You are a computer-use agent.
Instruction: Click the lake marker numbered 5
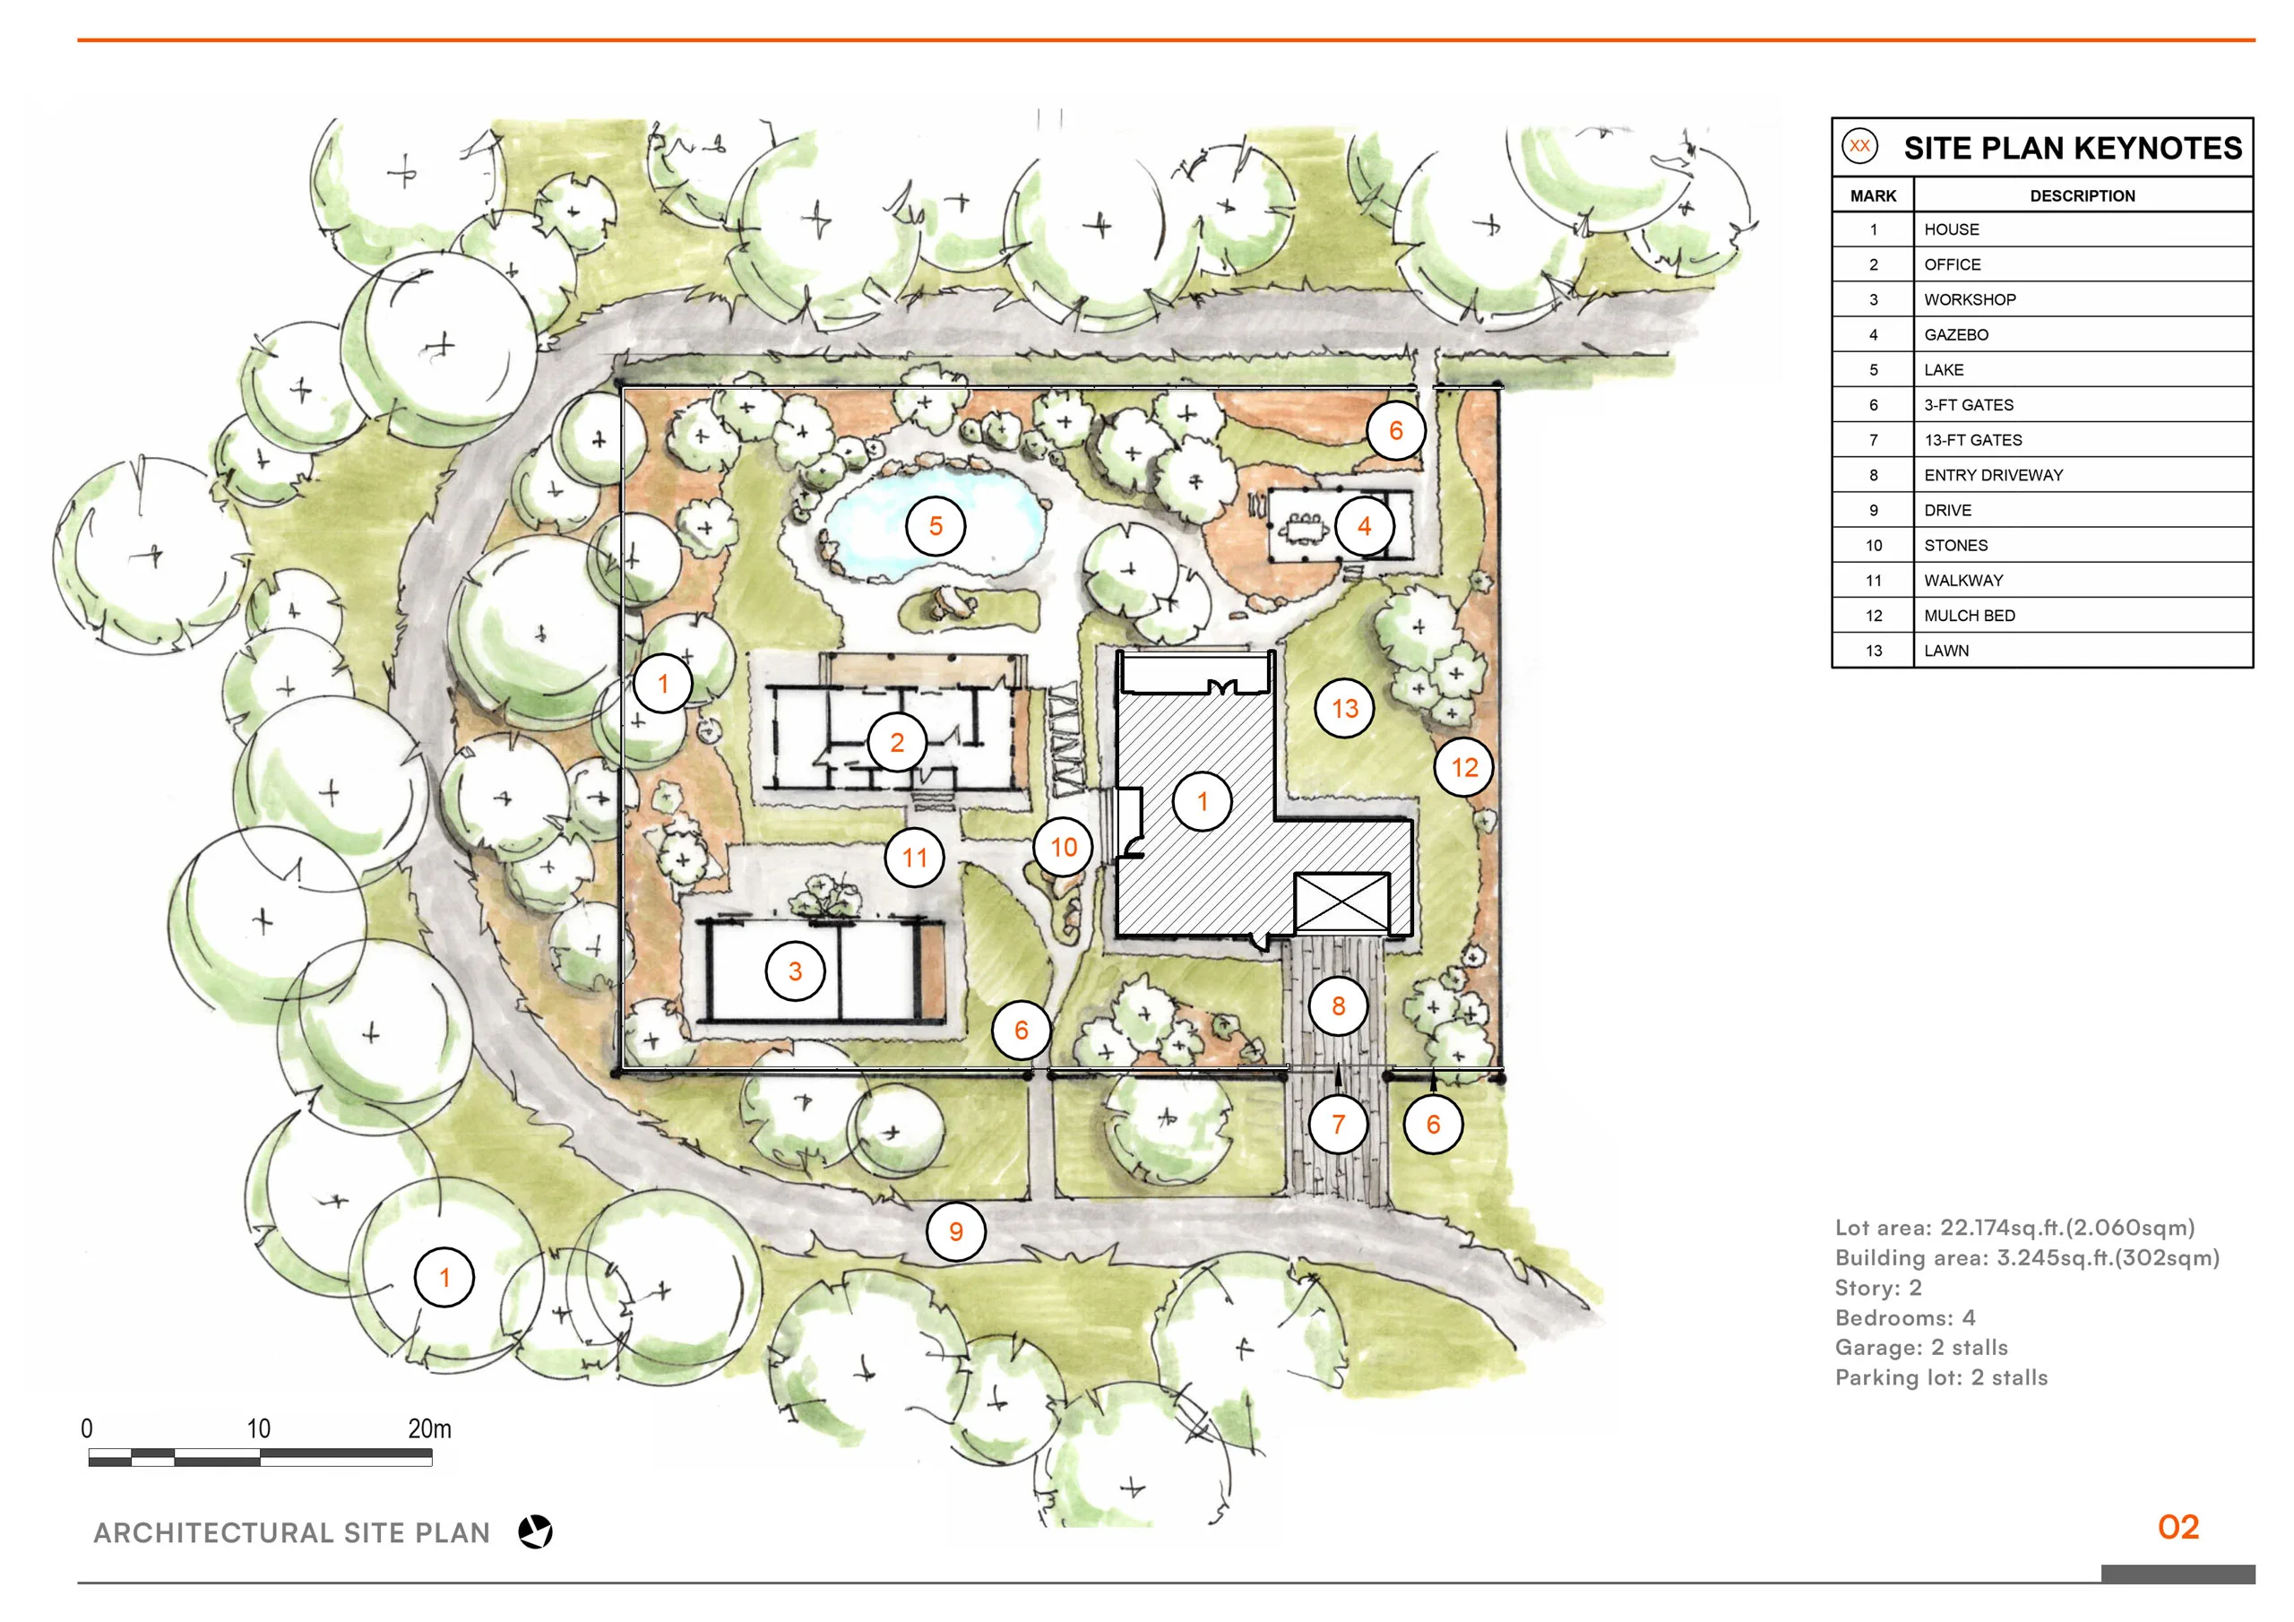(x=936, y=526)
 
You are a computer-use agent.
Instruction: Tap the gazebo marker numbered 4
(x=1364, y=526)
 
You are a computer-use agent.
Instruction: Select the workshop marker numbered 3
(x=796, y=971)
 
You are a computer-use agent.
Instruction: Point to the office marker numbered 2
(x=896, y=743)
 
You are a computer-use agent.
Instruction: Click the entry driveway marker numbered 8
(x=1338, y=1006)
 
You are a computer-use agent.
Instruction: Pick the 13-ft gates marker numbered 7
(x=1338, y=1125)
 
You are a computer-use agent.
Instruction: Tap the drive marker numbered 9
(x=955, y=1231)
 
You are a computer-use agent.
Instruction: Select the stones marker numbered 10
(x=1063, y=848)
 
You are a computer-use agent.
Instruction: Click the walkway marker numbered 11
(x=914, y=858)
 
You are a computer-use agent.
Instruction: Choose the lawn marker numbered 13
(x=1345, y=709)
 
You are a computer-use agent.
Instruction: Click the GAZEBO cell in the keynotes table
(x=1955, y=335)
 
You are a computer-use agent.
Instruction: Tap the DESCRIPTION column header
(x=2082, y=196)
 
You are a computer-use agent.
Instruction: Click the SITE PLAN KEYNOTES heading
(x=2072, y=148)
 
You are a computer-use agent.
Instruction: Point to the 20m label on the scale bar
(x=429, y=1429)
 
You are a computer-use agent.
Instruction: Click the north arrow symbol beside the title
(x=536, y=1532)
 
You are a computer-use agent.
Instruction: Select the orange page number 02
(x=2178, y=1527)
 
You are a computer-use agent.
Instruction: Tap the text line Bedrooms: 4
(x=1904, y=1317)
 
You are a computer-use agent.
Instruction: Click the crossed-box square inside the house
(x=1341, y=903)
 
